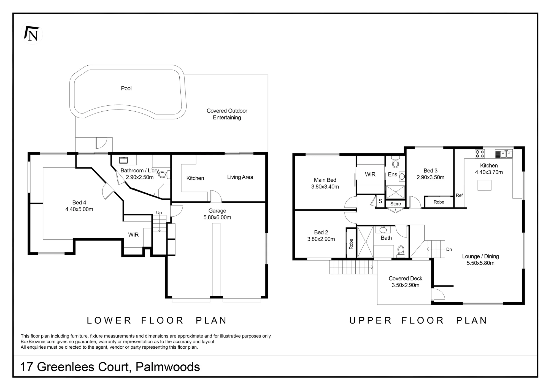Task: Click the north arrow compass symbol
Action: [32, 33]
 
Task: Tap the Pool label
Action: [126, 88]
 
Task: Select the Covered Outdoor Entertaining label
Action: [227, 114]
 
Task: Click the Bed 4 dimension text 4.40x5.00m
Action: [79, 209]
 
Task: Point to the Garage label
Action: [217, 211]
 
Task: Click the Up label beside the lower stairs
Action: [159, 213]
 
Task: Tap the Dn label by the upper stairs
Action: [449, 249]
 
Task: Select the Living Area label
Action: [240, 177]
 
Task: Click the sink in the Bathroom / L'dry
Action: [123, 160]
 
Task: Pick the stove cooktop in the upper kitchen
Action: [480, 154]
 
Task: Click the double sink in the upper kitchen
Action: [504, 154]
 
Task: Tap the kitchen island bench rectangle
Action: [484, 185]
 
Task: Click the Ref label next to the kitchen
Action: [459, 195]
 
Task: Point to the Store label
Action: [395, 204]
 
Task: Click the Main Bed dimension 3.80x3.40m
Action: [325, 187]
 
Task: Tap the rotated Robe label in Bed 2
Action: [351, 244]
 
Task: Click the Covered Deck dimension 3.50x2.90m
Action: [406, 285]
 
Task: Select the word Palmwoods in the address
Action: [168, 367]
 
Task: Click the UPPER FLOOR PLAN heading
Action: [418, 320]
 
